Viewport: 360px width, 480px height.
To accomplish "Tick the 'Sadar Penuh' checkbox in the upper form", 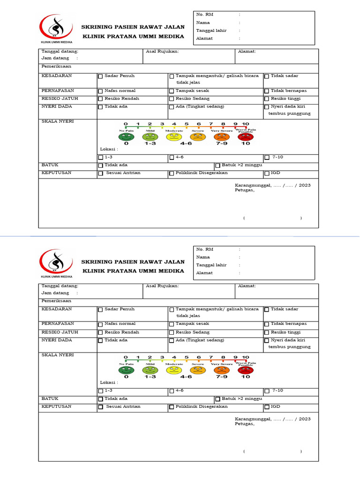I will coord(100,76).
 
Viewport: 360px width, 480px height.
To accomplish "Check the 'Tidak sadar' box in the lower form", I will coord(267,310).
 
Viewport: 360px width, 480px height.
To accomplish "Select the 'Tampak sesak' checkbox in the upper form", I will coord(172,91).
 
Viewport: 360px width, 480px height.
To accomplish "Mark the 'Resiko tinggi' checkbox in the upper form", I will coord(267,99).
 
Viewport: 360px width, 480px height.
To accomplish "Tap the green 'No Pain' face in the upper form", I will coord(126,137).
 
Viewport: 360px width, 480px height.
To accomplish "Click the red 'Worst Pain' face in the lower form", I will coord(245,370).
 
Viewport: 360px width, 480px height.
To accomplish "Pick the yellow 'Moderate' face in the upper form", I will coord(173,137).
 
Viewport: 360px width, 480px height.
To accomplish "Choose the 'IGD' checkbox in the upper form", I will coord(267,173).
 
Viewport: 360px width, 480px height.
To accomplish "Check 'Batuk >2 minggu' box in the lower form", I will coord(217,399).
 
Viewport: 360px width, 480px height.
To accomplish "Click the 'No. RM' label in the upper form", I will coord(204,15).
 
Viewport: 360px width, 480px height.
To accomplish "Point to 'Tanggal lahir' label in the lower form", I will coord(211,265).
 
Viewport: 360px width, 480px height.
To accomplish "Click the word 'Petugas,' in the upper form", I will coord(245,190).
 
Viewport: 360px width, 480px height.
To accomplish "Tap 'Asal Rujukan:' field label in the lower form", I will coord(162,285).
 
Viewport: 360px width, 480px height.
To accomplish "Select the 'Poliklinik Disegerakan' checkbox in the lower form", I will coord(172,407).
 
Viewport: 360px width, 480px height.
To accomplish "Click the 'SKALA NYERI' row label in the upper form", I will coord(58,121).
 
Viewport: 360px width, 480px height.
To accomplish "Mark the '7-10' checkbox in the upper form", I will coord(267,158).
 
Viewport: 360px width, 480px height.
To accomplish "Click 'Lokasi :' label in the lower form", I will coord(109,382).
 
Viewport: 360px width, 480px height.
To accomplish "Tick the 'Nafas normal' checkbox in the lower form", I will coord(100,324).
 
